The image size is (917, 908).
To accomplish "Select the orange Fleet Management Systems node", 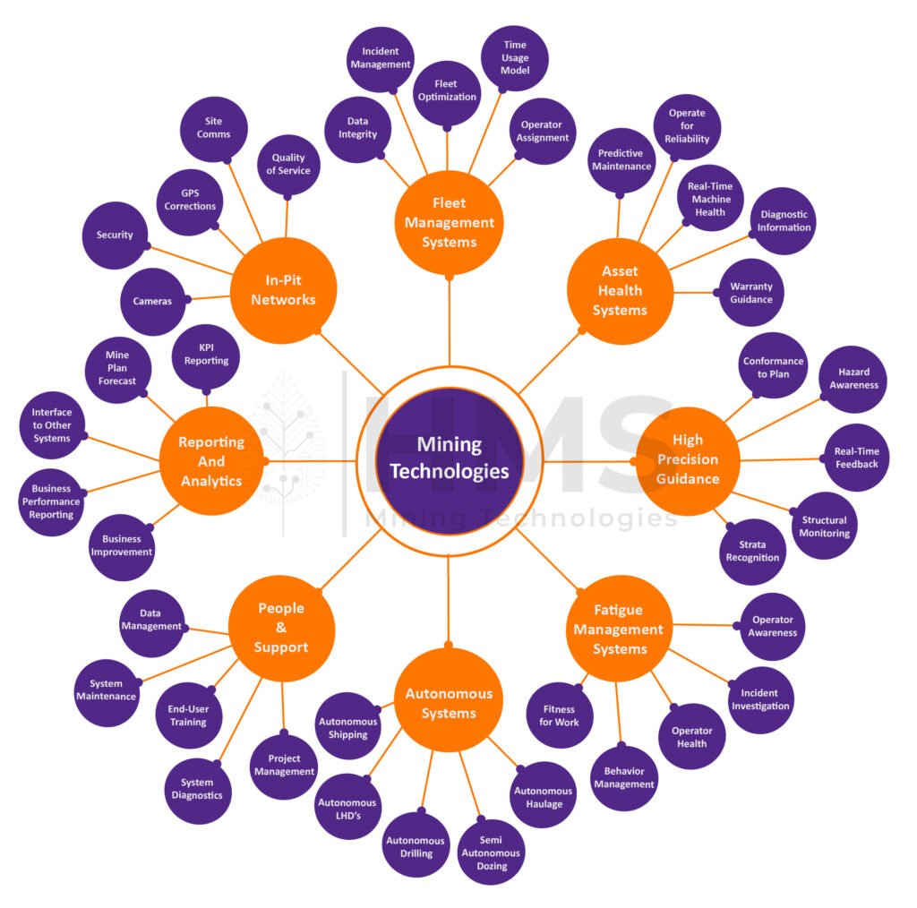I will click(x=449, y=222).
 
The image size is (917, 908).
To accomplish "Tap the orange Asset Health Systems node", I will click(x=619, y=290).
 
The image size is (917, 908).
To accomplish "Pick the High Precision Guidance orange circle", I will click(x=689, y=458).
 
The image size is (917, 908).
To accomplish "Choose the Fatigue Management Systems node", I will click(x=619, y=629).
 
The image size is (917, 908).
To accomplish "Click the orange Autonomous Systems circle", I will click(x=449, y=703).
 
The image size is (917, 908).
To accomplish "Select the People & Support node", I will click(x=281, y=627).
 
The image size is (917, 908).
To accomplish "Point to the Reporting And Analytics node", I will click(x=211, y=459).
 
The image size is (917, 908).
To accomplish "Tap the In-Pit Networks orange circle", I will click(x=283, y=289).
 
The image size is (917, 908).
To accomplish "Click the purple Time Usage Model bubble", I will click(x=515, y=58).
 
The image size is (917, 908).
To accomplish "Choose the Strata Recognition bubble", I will click(x=752, y=551).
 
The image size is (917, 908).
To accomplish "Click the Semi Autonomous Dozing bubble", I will click(x=492, y=851).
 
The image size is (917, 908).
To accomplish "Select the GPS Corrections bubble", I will click(x=190, y=200).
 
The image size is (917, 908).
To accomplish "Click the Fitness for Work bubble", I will click(x=559, y=715).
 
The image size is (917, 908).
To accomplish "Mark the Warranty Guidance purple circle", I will click(x=750, y=293).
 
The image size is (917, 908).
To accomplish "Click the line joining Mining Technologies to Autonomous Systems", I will click(x=449, y=600).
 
